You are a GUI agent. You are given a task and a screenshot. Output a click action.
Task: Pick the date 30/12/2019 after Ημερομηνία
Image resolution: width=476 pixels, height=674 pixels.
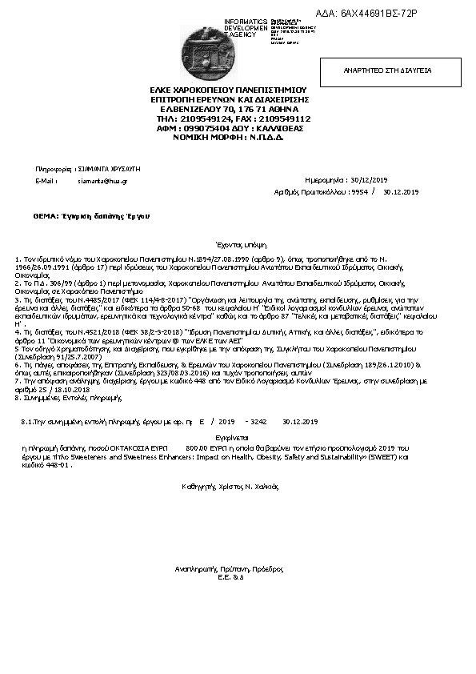390,181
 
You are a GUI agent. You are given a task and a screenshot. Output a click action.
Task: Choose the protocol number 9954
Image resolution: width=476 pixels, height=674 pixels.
358,192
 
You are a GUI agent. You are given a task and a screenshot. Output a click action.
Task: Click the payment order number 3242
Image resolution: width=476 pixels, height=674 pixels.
258,421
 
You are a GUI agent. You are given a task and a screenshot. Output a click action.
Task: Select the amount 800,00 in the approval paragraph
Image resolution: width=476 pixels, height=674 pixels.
197,449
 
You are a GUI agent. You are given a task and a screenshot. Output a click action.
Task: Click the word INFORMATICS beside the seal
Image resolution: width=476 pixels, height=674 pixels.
246,21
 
